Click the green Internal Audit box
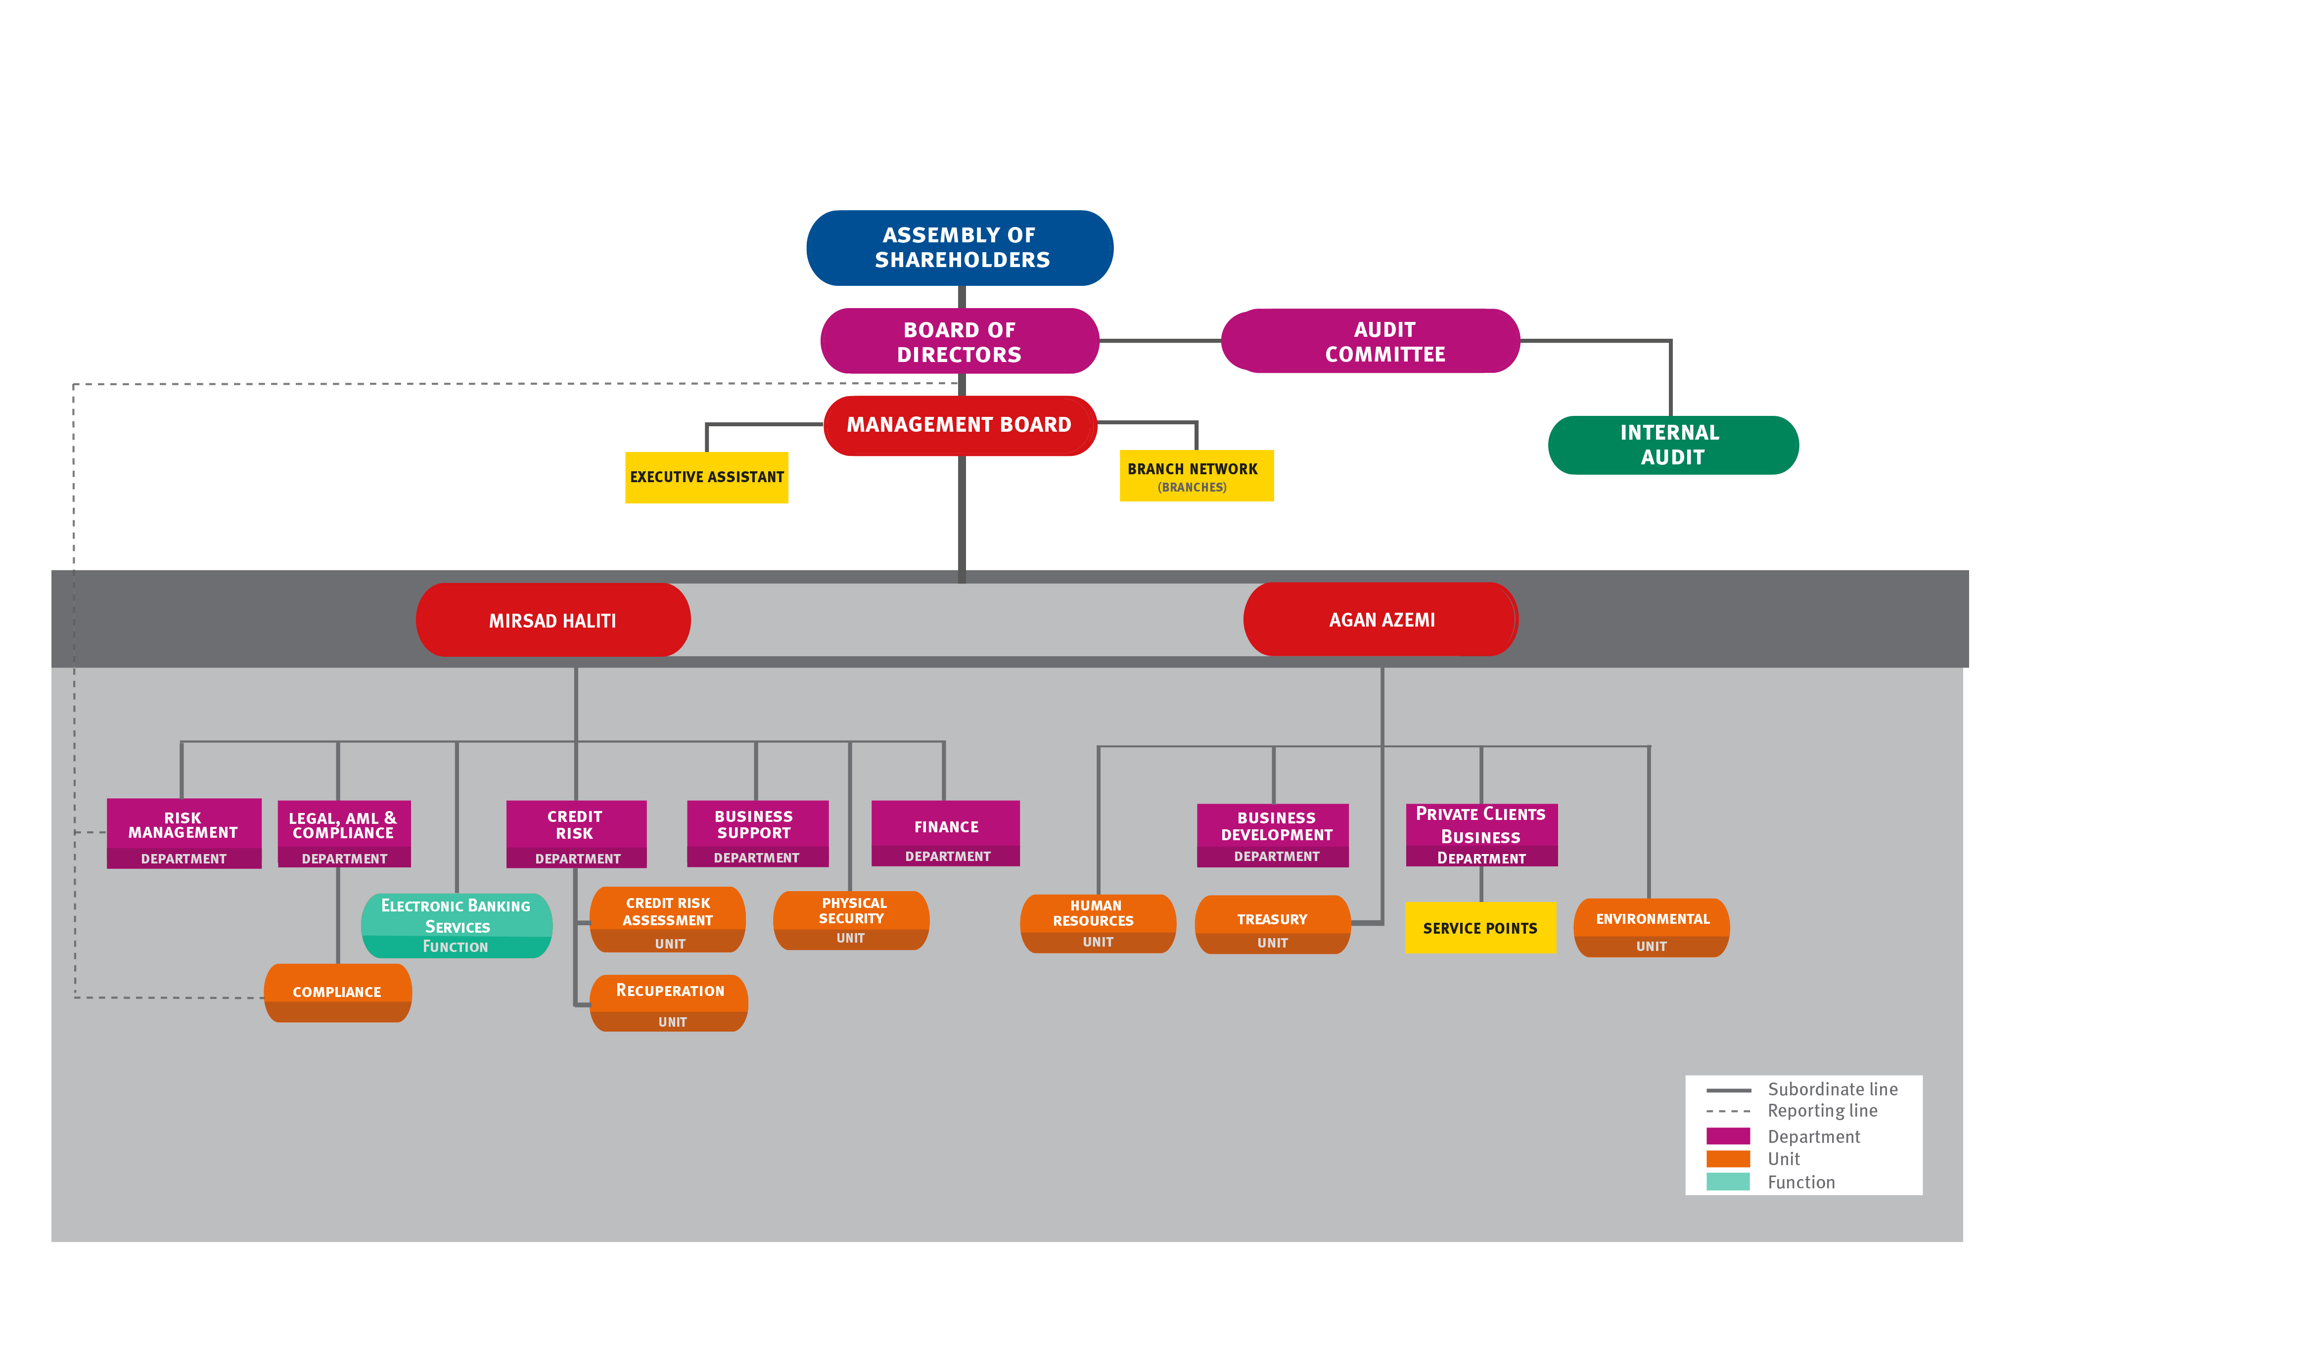1672,445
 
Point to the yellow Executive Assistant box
706,477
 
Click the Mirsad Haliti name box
553,621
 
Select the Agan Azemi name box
1381,620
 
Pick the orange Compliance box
337,993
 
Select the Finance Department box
946,833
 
